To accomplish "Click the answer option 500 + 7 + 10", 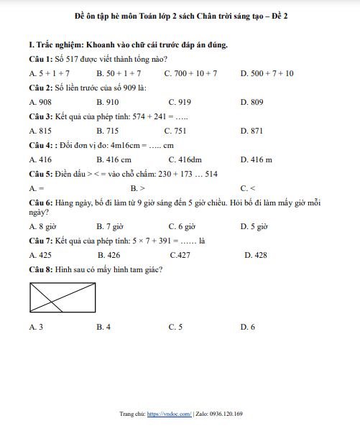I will [267, 73].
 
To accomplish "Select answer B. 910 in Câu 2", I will [108, 102].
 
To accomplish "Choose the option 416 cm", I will [114, 159].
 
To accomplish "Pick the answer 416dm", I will [185, 159].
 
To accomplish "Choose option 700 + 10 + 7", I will [190, 73].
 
